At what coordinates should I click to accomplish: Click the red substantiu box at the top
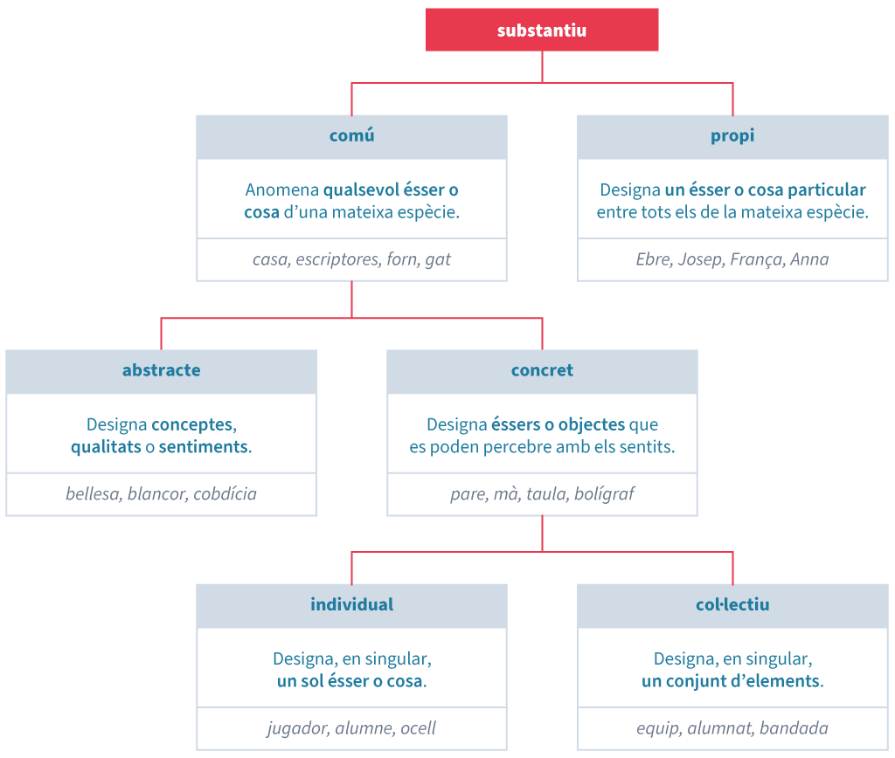click(542, 31)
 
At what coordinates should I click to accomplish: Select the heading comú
click(351, 136)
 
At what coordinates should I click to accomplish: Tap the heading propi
click(732, 136)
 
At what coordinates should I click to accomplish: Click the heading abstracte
click(161, 370)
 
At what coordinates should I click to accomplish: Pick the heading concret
click(542, 370)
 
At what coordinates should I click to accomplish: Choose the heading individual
click(351, 604)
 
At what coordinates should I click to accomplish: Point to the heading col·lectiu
click(732, 604)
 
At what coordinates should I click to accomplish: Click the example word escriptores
click(336, 259)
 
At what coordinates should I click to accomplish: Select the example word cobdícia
click(225, 494)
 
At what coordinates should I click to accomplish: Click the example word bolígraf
click(604, 494)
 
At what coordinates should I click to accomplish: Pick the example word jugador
click(296, 728)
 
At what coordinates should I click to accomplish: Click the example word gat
click(438, 259)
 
